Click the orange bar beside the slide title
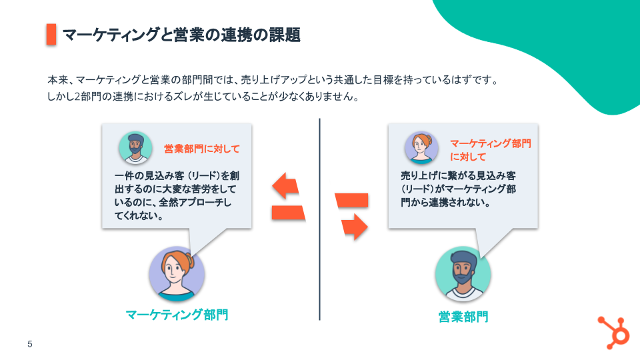[51, 35]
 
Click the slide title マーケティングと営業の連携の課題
[181, 35]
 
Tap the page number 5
[29, 345]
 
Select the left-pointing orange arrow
[285, 186]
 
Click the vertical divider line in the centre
[319, 220]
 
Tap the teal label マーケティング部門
[177, 314]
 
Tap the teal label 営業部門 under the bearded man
[463, 316]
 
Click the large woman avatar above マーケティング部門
[176, 273]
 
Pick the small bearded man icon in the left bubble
[135, 148]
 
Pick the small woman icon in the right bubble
[421, 148]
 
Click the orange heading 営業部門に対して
[201, 149]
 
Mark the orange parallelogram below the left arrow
[288, 213]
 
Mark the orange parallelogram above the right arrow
[351, 200]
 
